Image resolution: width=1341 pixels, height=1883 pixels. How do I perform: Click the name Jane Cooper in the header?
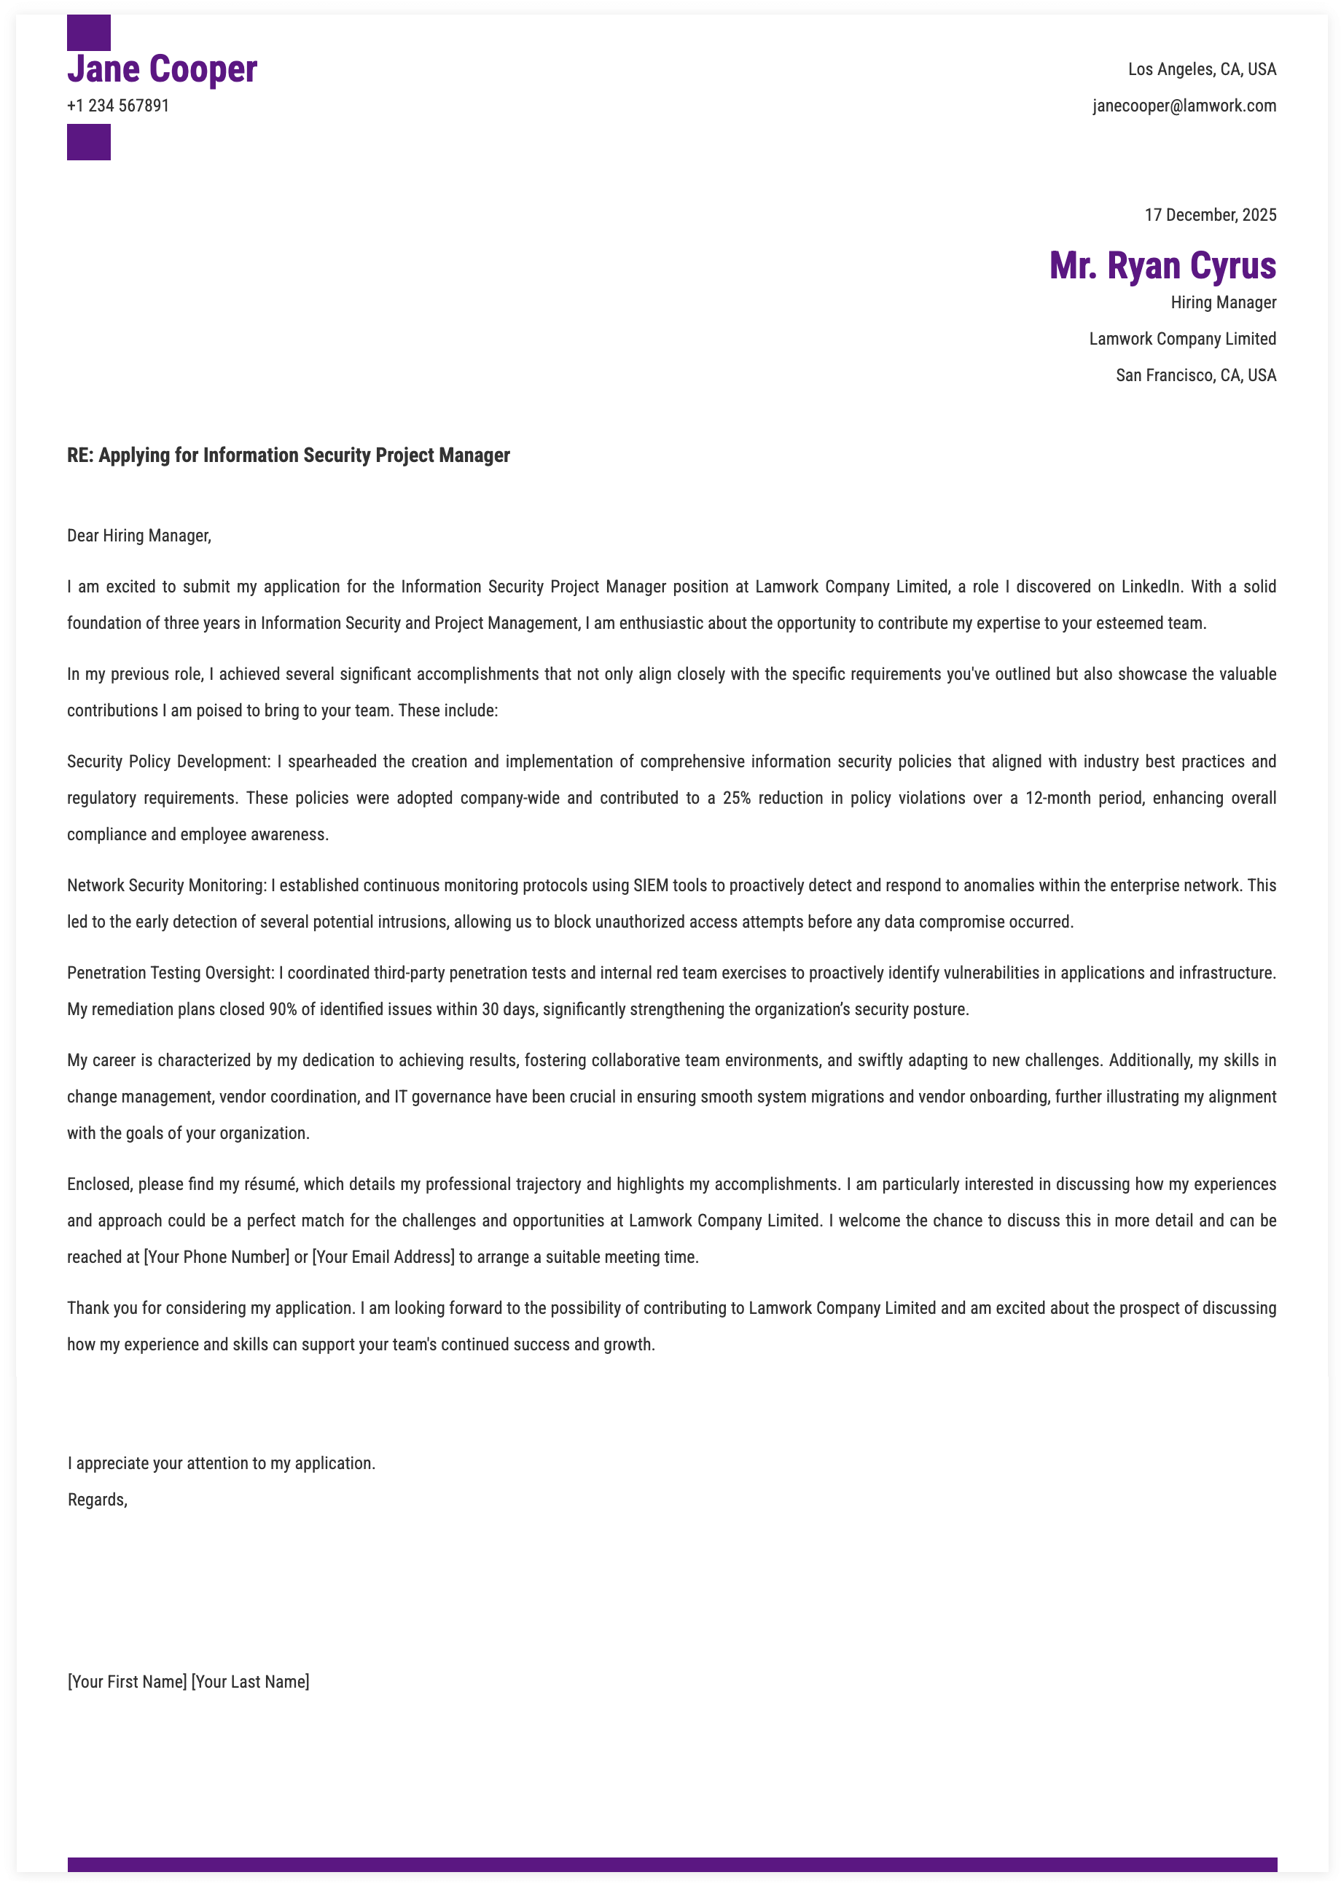coord(162,69)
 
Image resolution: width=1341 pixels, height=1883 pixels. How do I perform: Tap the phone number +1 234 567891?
coord(118,106)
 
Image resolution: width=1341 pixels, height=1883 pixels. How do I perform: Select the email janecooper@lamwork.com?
coord(1184,106)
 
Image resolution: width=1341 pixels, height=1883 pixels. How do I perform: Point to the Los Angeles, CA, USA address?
coord(1202,69)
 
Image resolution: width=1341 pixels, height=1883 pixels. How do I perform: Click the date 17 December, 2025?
coord(1210,216)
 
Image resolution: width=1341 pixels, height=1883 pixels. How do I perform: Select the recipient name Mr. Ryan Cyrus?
coord(1162,266)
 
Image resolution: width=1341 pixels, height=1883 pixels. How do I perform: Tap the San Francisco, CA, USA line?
coord(1196,375)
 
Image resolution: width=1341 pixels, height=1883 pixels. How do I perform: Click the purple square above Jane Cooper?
coord(88,32)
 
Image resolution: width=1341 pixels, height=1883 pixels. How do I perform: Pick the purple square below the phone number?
coord(88,142)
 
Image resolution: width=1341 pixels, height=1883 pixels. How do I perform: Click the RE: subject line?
coord(288,455)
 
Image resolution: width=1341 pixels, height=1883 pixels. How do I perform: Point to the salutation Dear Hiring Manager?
coord(138,536)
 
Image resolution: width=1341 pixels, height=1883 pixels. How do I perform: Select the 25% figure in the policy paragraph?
coord(736,798)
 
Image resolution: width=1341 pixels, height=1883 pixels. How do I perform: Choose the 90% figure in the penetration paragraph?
coord(282,1009)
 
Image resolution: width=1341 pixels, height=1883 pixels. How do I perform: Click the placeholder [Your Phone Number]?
coord(216,1257)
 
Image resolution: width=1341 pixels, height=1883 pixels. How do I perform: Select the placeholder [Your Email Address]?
coord(383,1257)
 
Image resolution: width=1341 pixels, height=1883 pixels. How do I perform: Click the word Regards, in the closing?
coord(98,1500)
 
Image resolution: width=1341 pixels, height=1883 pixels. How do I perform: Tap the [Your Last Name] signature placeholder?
coord(250,1682)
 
